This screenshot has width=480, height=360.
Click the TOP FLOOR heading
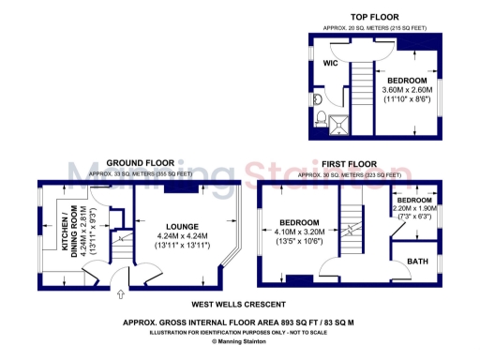[x=374, y=17]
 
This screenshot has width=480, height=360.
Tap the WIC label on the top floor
[x=331, y=63]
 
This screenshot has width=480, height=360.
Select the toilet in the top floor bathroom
[x=322, y=117]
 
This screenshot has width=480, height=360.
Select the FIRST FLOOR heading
[x=352, y=163]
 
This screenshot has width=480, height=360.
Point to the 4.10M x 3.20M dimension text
[x=300, y=231]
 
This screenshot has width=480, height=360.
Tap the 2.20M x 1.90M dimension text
[x=413, y=209]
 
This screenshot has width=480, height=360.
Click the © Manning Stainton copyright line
[x=239, y=341]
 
